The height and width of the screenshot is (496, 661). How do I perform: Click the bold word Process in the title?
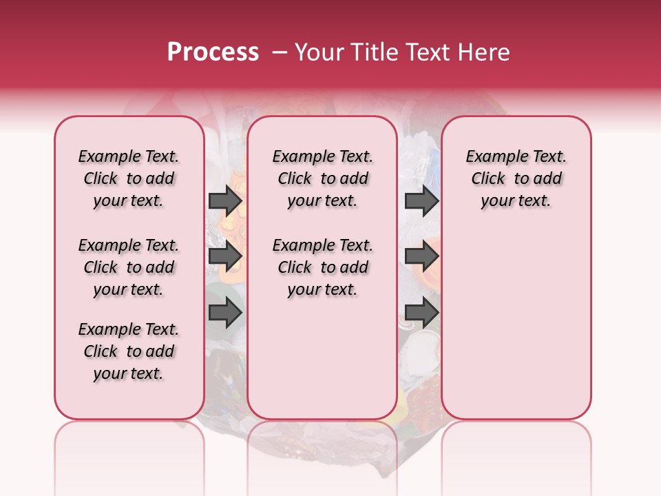coord(213,52)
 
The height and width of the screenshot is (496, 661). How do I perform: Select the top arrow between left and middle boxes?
coord(225,200)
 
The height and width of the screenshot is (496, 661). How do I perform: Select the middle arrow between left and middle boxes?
coord(225,257)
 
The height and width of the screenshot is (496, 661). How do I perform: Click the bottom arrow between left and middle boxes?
coord(225,313)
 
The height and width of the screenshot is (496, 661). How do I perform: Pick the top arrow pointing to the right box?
coord(421,200)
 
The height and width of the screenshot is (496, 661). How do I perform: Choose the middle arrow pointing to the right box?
coord(421,257)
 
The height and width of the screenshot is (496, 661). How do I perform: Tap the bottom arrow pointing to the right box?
coord(421,313)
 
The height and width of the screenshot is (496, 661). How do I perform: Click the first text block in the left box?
coord(129,178)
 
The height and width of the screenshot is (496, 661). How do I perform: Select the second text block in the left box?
coord(129,267)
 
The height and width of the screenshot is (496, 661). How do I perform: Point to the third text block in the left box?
coord(129,351)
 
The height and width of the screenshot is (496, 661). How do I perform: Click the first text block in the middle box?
coord(322,178)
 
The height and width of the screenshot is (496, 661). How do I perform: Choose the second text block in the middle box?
coord(322,267)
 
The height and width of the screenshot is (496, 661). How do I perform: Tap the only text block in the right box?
coord(516,178)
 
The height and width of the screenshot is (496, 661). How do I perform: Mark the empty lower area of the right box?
coord(516,324)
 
